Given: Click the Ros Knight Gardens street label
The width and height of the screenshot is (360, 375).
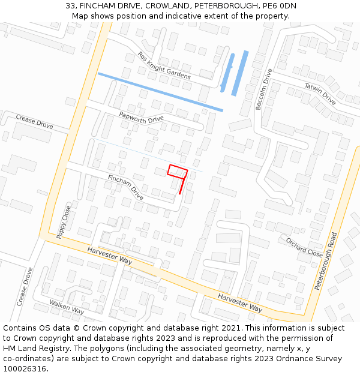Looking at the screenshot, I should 164,65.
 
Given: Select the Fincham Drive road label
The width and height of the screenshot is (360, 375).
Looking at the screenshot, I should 125,187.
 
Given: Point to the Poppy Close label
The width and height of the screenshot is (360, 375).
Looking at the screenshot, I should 64,222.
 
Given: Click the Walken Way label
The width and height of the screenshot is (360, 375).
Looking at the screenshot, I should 67,307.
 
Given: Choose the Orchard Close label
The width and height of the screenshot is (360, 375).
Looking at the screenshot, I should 304,247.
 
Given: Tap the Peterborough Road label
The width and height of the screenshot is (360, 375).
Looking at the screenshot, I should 326,261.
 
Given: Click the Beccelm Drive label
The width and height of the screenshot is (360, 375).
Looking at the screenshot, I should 264,89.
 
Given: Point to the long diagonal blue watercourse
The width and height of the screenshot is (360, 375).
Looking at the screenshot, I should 160,92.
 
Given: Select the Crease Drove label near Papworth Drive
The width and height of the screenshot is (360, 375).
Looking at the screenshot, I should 34,122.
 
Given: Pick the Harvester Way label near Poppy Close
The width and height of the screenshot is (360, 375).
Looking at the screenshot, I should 109,256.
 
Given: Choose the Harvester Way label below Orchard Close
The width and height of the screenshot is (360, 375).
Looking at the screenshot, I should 240,302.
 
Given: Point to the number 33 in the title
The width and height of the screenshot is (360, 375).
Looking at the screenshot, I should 70,6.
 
